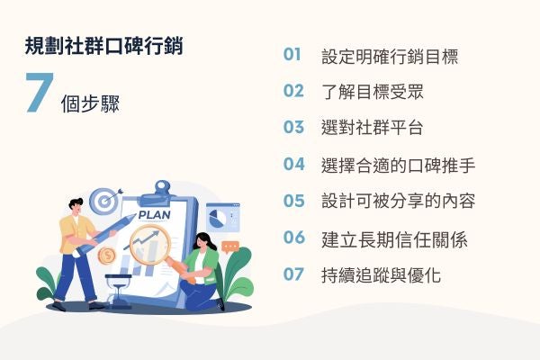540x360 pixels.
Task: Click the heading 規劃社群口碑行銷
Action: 104,46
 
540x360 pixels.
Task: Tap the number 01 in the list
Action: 292,56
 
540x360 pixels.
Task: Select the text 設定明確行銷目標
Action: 390,57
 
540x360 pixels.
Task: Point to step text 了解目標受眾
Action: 372,91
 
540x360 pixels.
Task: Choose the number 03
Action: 293,127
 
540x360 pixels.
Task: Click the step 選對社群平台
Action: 372,127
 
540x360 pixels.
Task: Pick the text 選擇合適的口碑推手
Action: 398,164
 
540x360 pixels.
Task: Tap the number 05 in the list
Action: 293,201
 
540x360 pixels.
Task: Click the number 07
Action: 293,274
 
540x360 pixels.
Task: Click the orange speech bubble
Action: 230,245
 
